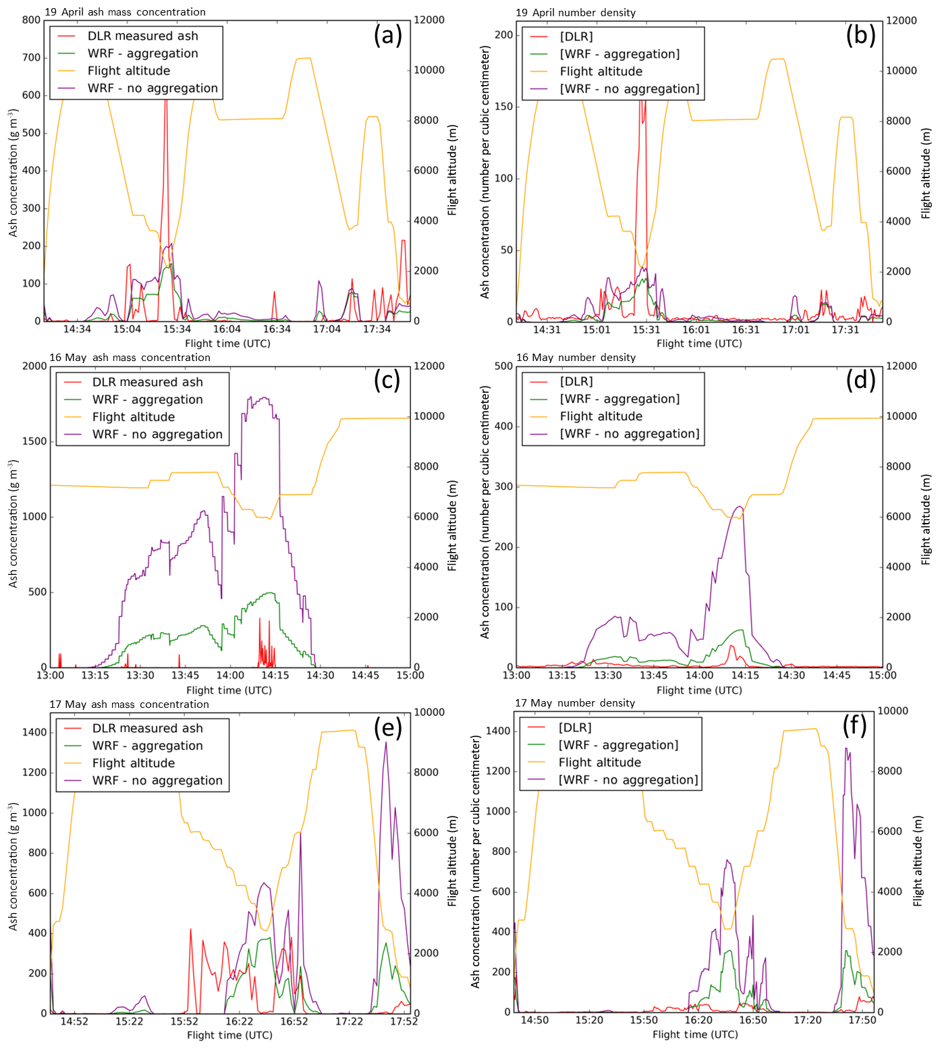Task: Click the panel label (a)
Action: pyautogui.click(x=387, y=35)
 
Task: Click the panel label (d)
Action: pyautogui.click(x=860, y=381)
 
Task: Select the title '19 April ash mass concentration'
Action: pyautogui.click(x=125, y=11)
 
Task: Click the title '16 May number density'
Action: pyautogui.click(x=576, y=357)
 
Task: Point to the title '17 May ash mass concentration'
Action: pyautogui.click(x=129, y=704)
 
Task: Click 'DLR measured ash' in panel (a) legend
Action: pyautogui.click(x=142, y=36)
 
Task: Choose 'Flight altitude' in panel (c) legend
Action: pyautogui.click(x=133, y=417)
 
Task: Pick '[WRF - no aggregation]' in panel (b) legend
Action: pyautogui.click(x=629, y=89)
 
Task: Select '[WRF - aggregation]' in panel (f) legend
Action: pyautogui.click(x=618, y=745)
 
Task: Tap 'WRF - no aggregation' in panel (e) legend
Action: pyautogui.click(x=157, y=780)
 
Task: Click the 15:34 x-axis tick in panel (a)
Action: pyautogui.click(x=177, y=329)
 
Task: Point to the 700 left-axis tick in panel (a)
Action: pyautogui.click(x=31, y=57)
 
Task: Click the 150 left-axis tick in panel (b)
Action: pyautogui.click(x=503, y=107)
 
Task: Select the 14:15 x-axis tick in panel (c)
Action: pyautogui.click(x=275, y=675)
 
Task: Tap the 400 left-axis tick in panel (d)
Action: pyautogui.click(x=503, y=426)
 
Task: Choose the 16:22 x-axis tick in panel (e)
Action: pyautogui.click(x=240, y=1022)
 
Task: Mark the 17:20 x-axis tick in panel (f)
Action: pyautogui.click(x=808, y=1020)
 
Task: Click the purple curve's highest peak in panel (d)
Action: pyautogui.click(x=740, y=506)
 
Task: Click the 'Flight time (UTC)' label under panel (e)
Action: pyautogui.click(x=229, y=1035)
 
